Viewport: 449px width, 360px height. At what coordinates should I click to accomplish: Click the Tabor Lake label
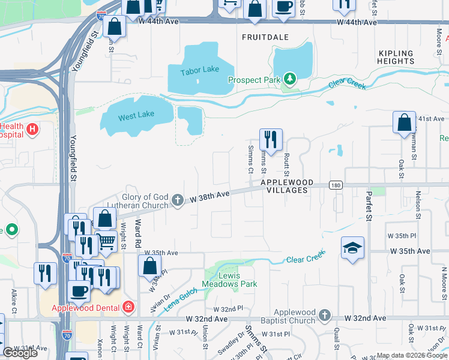pos(200,70)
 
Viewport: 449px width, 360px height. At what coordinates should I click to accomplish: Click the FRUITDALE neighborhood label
pos(265,37)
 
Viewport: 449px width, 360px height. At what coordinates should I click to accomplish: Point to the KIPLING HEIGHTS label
pos(396,57)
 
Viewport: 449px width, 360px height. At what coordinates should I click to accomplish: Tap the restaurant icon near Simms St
pos(271,139)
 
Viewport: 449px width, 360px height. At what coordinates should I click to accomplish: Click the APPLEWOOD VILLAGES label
pos(284,186)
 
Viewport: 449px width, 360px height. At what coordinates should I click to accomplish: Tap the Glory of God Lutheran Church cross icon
pos(177,200)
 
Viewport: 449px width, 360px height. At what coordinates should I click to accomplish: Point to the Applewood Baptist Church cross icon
pos(324,315)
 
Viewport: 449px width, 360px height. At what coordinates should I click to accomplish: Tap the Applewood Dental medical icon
pos(127,308)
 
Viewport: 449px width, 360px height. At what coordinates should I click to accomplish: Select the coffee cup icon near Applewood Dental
pos(78,290)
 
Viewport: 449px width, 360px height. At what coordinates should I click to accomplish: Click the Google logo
pos(20,352)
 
